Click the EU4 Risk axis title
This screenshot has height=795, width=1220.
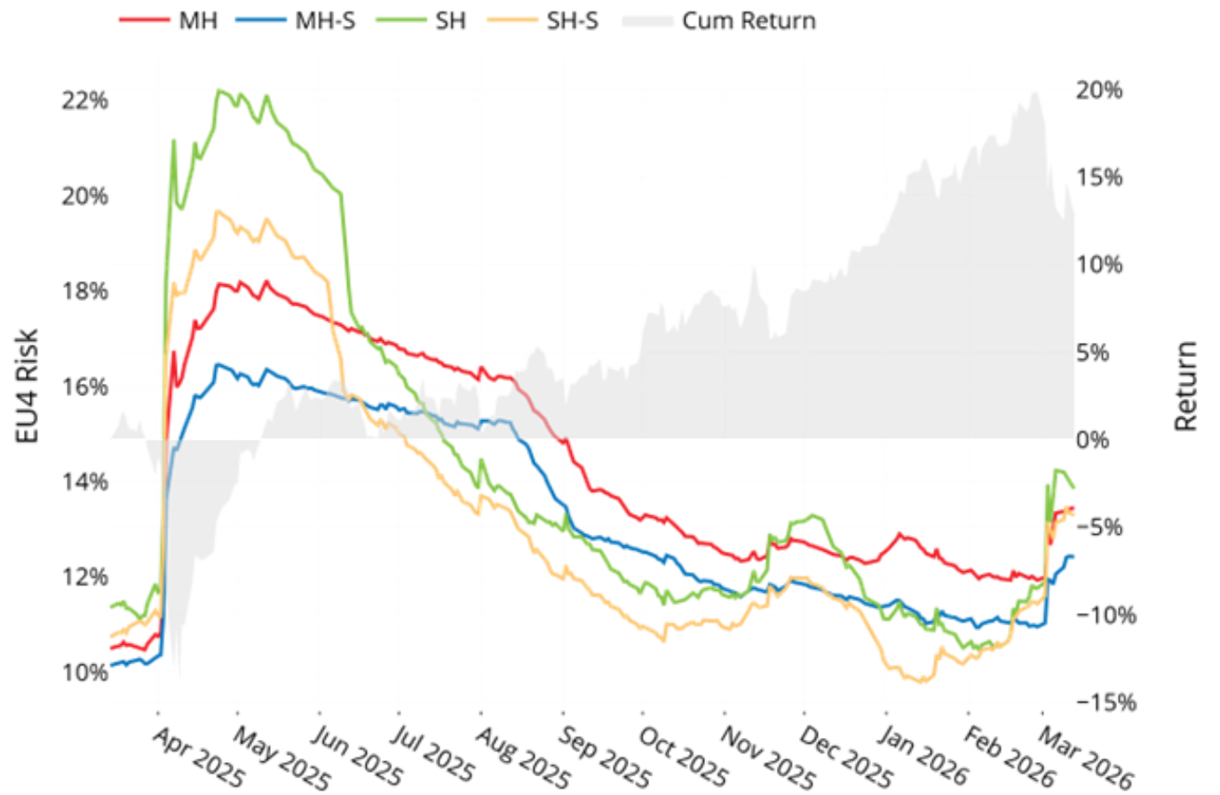28,386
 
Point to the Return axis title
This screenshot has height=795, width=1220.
1186,386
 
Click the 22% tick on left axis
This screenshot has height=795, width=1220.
84,99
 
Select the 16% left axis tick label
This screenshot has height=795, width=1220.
84,386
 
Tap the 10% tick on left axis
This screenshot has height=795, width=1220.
84,672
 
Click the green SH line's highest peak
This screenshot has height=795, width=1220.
220,91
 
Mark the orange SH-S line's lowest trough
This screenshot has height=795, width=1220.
923,682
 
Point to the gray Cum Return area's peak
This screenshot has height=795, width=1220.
1035,92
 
